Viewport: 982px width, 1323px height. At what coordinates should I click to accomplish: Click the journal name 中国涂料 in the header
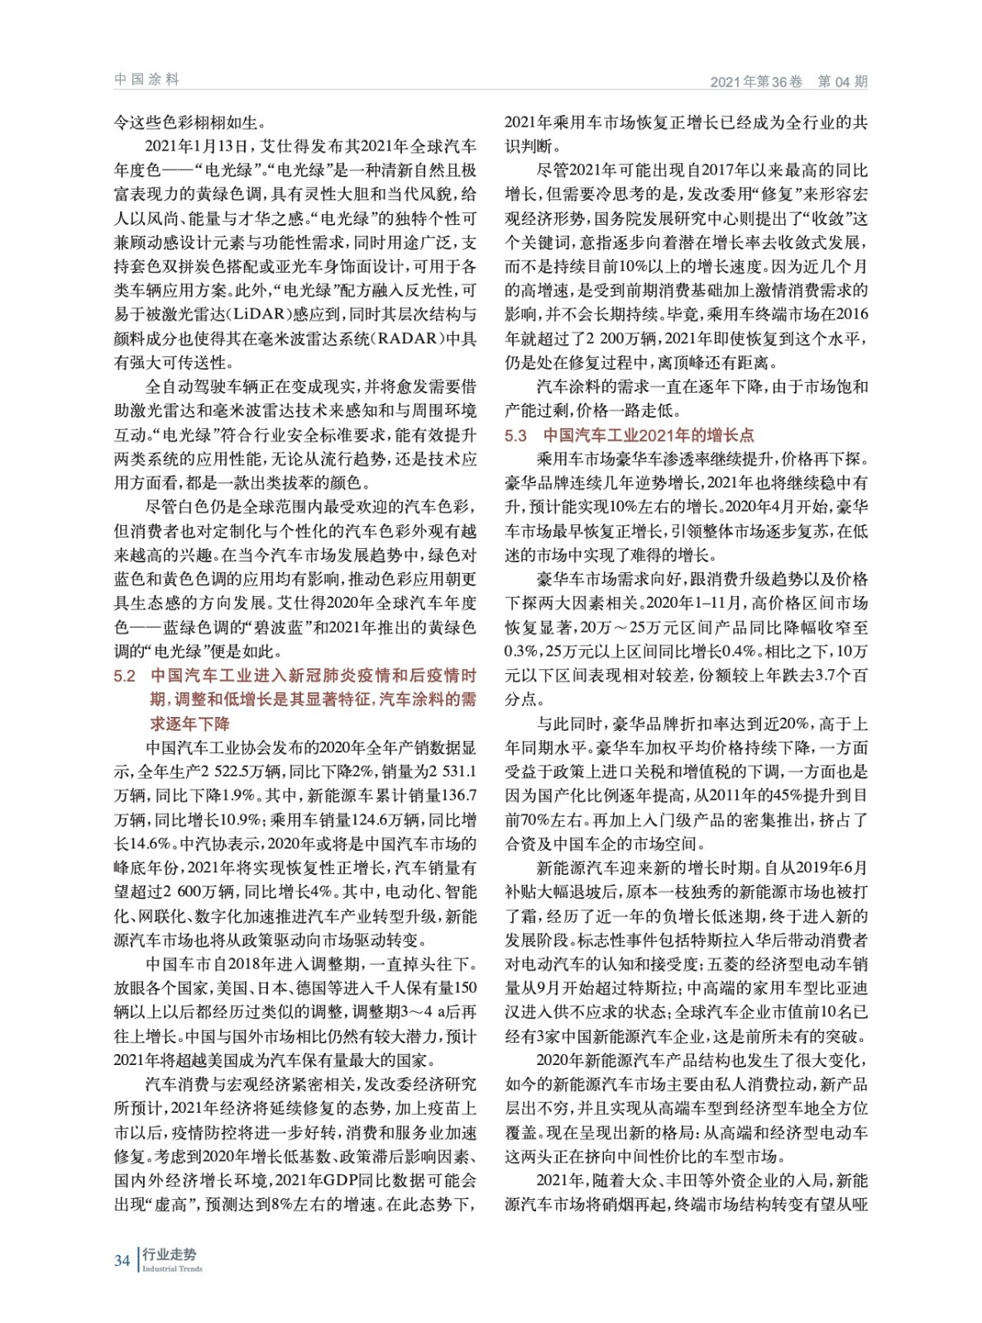tap(146, 79)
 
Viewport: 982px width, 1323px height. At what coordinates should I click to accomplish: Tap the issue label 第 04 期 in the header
tap(842, 81)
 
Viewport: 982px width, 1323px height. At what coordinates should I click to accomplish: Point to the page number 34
tap(122, 1260)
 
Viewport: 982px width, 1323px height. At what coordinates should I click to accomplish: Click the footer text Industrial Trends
tap(172, 1268)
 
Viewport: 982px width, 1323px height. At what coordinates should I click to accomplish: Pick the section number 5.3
tap(515, 436)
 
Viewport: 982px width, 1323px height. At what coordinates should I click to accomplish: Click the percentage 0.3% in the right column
tap(523, 652)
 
